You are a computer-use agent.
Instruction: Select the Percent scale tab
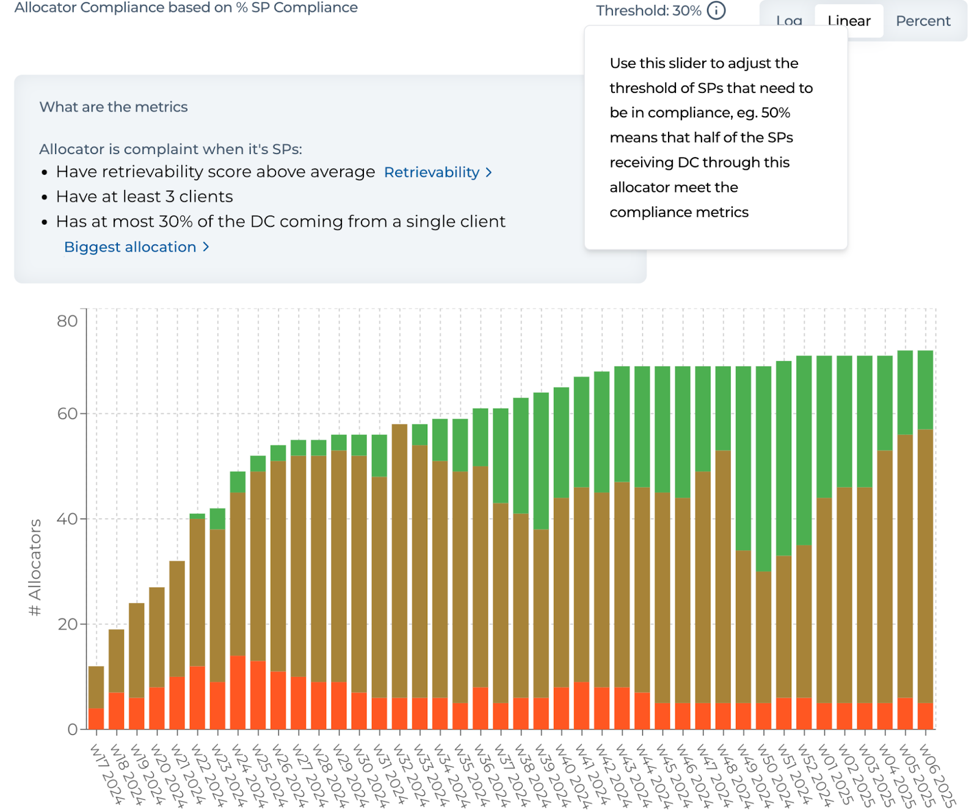pyautogui.click(x=923, y=21)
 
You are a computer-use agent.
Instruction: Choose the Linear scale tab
pyautogui.click(x=849, y=21)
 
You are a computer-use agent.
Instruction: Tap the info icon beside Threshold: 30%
pyautogui.click(x=716, y=10)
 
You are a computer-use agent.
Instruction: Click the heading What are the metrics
pyautogui.click(x=114, y=107)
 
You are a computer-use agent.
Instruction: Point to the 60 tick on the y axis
pyautogui.click(x=67, y=414)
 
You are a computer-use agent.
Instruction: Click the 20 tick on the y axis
pyautogui.click(x=67, y=624)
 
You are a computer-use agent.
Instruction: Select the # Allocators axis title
pyautogui.click(x=35, y=567)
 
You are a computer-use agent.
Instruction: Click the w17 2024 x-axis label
pyautogui.click(x=107, y=774)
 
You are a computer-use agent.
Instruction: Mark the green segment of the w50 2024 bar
pyautogui.click(x=763, y=469)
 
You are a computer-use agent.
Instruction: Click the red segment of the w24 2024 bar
pyautogui.click(x=238, y=692)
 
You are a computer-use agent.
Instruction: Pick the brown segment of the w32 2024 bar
pyautogui.click(x=399, y=561)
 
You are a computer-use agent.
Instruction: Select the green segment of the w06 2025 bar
pyautogui.click(x=925, y=390)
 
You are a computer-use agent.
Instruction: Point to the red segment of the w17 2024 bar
pyautogui.click(x=96, y=719)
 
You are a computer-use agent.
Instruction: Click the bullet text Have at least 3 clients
pyautogui.click(x=144, y=197)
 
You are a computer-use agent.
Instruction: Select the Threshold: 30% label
pyautogui.click(x=648, y=11)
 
